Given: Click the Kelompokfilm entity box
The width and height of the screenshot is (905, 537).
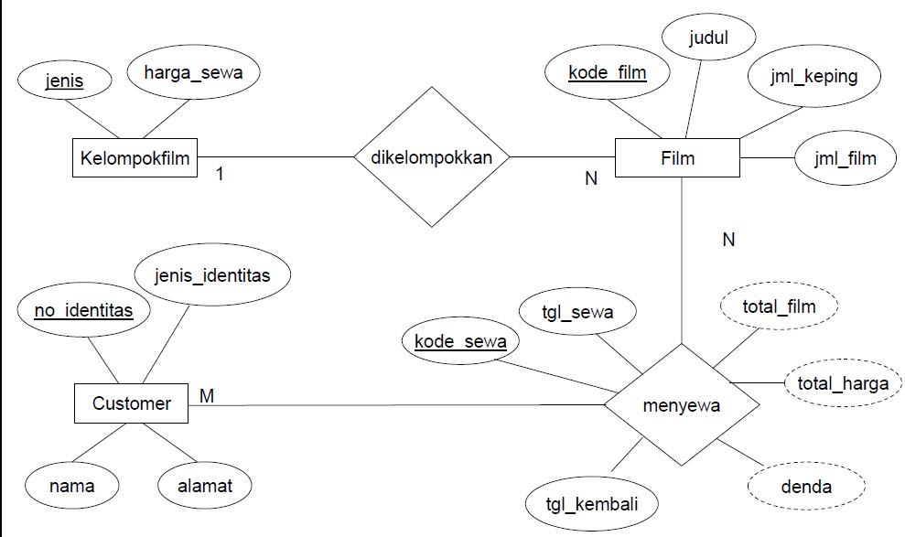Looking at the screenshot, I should click(135, 158).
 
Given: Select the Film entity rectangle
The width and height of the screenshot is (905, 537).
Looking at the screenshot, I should click(677, 157).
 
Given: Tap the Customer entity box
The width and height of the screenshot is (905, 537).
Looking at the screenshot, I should click(131, 403).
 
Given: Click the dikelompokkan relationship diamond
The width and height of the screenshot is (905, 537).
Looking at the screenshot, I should click(432, 157).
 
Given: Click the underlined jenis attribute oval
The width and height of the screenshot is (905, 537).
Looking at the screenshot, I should click(66, 81).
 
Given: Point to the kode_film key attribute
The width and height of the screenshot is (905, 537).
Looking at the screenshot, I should click(607, 72).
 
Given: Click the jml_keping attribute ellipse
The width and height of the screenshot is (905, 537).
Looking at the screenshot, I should click(814, 76).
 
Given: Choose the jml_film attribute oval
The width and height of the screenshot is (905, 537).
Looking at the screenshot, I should click(836, 157).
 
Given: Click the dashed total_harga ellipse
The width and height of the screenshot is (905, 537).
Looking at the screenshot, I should click(842, 383).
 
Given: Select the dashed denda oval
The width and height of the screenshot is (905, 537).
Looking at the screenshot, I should click(805, 486).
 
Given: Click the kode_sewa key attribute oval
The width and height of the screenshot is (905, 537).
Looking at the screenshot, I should click(459, 342).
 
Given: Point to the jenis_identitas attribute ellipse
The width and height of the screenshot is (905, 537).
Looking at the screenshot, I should click(213, 274).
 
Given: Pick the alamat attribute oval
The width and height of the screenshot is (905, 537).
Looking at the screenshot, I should click(204, 486).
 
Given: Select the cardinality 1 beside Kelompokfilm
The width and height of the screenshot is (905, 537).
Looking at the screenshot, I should click(219, 173).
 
